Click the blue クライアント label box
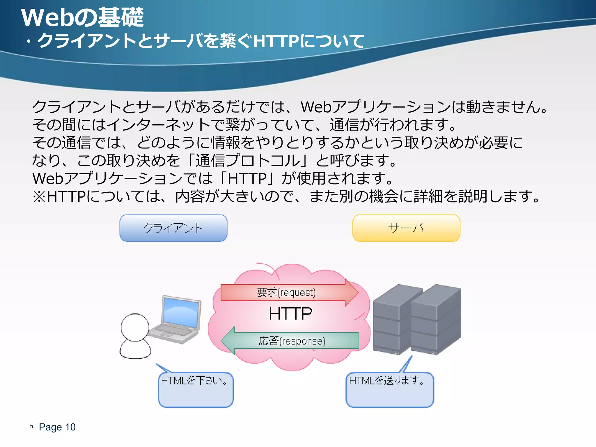point(173,228)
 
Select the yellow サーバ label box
point(406,228)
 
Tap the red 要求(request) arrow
point(287,292)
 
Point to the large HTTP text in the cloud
point(290,314)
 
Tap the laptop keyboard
point(172,332)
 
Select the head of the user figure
point(135,327)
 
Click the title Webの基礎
point(82,17)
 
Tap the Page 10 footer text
point(57,427)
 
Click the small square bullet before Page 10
point(31,427)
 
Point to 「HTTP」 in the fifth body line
point(247,178)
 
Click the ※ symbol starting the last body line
point(39,196)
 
